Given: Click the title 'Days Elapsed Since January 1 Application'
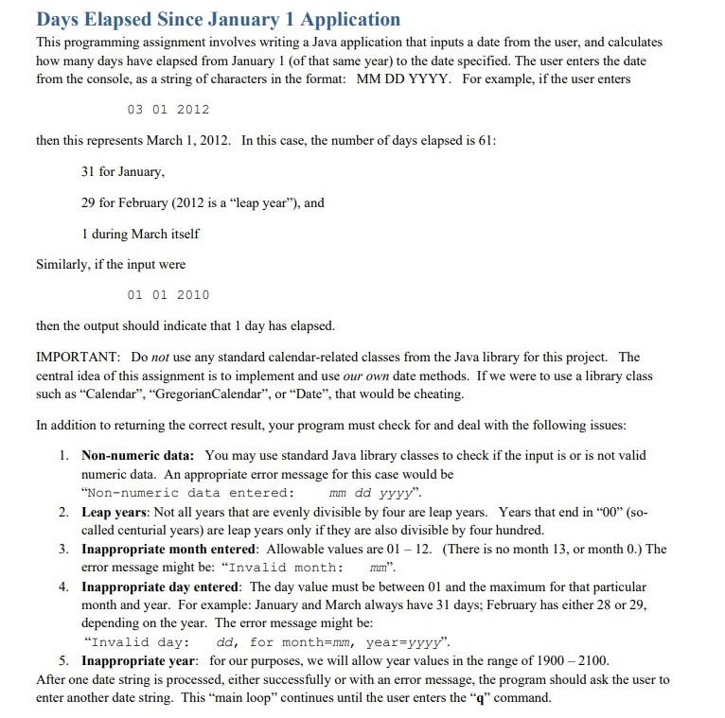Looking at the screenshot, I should tap(218, 19).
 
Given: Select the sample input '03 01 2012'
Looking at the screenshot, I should tap(168, 110).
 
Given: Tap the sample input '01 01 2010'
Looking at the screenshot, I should tap(168, 295).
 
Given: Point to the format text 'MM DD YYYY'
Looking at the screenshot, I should tap(404, 79).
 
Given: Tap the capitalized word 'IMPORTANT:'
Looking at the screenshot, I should tap(78, 358).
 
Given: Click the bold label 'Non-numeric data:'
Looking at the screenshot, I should tap(139, 455).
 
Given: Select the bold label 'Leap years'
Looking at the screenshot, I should tap(120, 512).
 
